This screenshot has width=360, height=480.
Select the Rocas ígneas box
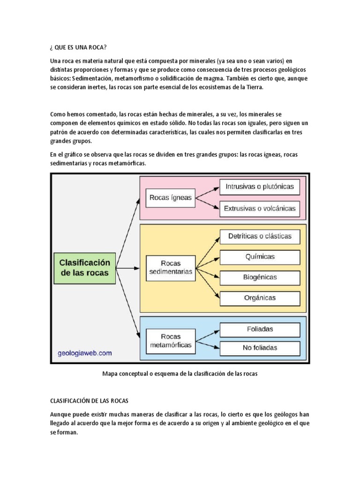pyautogui.click(x=171, y=198)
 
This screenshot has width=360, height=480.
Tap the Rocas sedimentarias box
pyautogui.click(x=171, y=268)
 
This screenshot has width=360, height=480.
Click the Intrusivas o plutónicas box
pyautogui.click(x=260, y=187)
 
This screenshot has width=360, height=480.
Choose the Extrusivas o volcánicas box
pyautogui.click(x=260, y=209)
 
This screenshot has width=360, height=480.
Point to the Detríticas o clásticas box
pyautogui.click(x=260, y=236)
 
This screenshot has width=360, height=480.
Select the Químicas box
pyautogui.click(x=260, y=257)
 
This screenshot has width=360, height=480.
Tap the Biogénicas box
pyautogui.click(x=260, y=277)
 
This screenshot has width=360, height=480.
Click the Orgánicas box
pyautogui.click(x=260, y=298)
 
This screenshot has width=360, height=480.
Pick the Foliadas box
pyautogui.click(x=260, y=329)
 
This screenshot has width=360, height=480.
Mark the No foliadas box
pyautogui.click(x=260, y=348)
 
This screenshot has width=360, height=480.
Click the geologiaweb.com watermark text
pyautogui.click(x=85, y=353)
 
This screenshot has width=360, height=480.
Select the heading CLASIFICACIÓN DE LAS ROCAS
pyautogui.click(x=92, y=401)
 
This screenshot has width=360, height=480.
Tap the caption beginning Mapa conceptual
pyautogui.click(x=180, y=374)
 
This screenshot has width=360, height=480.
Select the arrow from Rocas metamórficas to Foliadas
pyautogui.click(x=208, y=335)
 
